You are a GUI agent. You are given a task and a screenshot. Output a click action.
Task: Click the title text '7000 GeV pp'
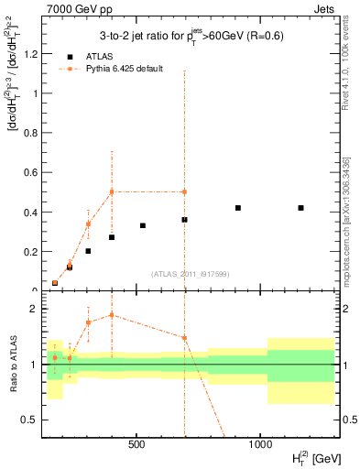tap(71, 8)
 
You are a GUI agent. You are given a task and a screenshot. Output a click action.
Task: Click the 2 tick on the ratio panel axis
tap(37, 309)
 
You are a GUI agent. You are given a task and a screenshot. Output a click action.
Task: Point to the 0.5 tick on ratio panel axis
tap(33, 420)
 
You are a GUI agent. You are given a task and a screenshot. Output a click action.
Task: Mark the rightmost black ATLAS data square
tap(301, 208)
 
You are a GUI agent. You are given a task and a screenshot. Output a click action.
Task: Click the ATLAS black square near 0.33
tap(143, 225)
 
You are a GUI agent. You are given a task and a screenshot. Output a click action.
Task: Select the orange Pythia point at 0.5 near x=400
tap(112, 191)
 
